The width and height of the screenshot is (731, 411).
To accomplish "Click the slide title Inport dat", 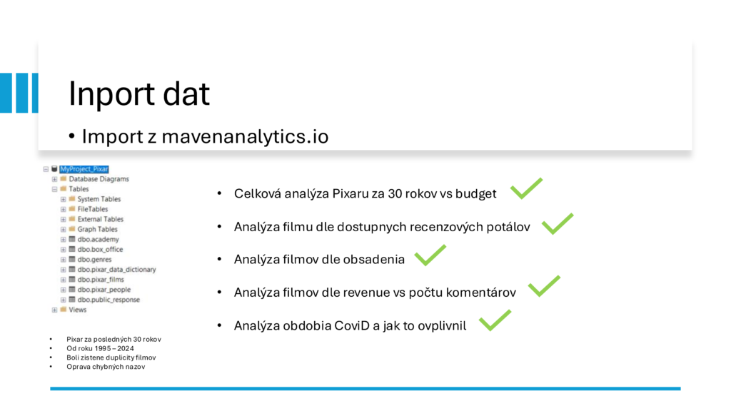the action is click(139, 94).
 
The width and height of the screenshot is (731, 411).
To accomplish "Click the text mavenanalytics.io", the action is click(246, 136).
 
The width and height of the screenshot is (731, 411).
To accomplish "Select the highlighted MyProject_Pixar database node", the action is click(84, 169).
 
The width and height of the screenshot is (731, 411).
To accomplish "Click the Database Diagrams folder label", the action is click(99, 179).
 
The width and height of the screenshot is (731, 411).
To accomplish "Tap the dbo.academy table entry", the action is click(98, 240).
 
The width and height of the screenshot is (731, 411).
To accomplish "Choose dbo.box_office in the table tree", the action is click(100, 249).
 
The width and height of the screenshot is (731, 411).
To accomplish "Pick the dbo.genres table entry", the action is click(95, 260).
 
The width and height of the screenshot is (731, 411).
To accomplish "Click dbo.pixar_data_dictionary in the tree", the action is click(116, 269).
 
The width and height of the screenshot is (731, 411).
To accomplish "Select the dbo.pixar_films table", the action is click(101, 280).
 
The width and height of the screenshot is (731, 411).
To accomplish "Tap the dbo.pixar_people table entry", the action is click(104, 290).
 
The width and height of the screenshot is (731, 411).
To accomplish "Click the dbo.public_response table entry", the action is click(109, 300).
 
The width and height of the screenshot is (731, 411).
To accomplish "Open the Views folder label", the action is click(77, 310).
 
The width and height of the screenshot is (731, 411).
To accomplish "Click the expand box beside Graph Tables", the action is click(64, 229).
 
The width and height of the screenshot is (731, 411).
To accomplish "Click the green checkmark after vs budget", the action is click(526, 188).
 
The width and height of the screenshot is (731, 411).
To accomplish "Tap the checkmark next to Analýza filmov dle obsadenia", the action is click(430, 255).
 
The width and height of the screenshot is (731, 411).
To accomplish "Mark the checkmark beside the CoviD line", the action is click(495, 320).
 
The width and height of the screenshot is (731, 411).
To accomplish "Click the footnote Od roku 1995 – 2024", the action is click(100, 348).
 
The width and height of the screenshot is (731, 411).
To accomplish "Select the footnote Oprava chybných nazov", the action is click(106, 367).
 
